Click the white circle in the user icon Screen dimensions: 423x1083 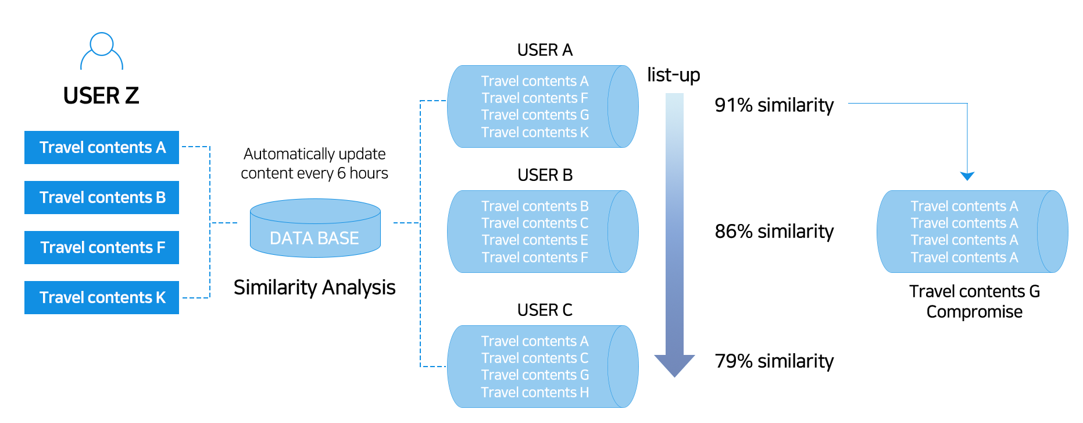click(102, 44)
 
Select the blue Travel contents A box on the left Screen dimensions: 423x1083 click(102, 147)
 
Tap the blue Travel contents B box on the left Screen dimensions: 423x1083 click(102, 197)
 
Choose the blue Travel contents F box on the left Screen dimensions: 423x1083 click(102, 247)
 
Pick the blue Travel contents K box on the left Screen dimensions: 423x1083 click(102, 297)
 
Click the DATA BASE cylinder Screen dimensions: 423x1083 click(315, 230)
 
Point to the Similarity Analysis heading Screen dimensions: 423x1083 click(314, 287)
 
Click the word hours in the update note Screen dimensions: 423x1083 click(369, 173)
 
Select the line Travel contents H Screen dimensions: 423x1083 click(535, 393)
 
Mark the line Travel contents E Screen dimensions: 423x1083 click(535, 240)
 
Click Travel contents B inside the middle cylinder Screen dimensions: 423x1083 click(535, 207)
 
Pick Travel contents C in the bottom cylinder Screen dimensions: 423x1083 click(535, 358)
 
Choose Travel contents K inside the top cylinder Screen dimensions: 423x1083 click(535, 133)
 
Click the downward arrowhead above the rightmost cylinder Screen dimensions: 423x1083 click(967, 176)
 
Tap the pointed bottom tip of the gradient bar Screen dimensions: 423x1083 click(674, 375)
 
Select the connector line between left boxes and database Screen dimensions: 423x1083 click(224, 223)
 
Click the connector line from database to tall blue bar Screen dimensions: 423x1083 click(406, 223)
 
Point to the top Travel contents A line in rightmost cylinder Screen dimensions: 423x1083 click(964, 207)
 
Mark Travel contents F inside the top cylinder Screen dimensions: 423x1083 click(535, 98)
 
